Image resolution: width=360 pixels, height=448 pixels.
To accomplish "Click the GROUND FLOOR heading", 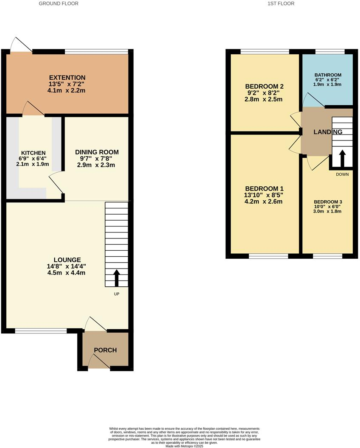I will pyautogui.click(x=59, y=3).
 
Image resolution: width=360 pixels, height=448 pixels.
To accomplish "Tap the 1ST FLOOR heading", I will pyautogui.click(x=281, y=3).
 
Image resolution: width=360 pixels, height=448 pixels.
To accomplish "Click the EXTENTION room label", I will pyautogui.click(x=67, y=78).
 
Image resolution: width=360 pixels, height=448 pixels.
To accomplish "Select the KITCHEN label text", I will pyautogui.click(x=33, y=153).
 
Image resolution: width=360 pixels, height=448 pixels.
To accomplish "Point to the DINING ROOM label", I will pyautogui.click(x=97, y=152).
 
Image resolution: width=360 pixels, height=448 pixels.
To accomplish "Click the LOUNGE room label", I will pyautogui.click(x=67, y=260).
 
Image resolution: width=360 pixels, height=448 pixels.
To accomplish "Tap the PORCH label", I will pyautogui.click(x=105, y=350).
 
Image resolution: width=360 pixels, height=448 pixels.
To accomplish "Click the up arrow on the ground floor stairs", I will pyautogui.click(x=117, y=278).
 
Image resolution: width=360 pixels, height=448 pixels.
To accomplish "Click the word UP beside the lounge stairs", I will pyautogui.click(x=116, y=294).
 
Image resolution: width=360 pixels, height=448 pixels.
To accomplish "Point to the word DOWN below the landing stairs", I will pyautogui.click(x=342, y=174).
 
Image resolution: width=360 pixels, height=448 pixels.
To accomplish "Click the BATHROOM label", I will pyautogui.click(x=328, y=75).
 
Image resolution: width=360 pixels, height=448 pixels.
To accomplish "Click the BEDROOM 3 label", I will pyautogui.click(x=328, y=202).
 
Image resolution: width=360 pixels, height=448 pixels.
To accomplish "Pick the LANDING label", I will pyautogui.click(x=328, y=132).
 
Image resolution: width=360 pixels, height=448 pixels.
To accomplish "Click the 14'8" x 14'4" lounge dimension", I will pyautogui.click(x=67, y=266).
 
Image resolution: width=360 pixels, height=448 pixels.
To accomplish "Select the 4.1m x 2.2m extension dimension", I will pyautogui.click(x=67, y=90).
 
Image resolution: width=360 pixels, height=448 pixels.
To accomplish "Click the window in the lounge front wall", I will pyautogui.click(x=41, y=330).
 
